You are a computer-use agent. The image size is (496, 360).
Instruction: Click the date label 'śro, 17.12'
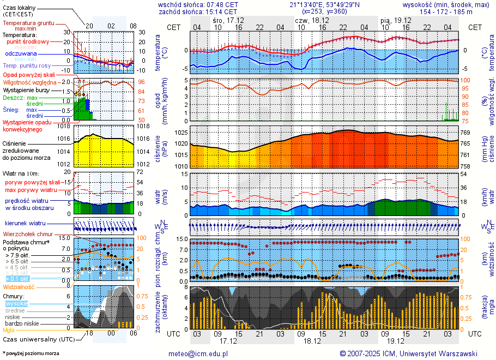229,20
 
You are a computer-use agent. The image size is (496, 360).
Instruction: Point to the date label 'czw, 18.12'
310,20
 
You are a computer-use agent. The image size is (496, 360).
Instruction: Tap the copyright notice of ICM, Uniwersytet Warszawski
408,353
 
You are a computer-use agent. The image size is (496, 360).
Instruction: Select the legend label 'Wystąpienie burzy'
26,89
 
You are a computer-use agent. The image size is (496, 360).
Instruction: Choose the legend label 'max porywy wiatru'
31,190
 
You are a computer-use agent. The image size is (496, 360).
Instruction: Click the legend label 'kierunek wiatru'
26,224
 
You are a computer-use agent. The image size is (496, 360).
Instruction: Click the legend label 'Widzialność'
19,286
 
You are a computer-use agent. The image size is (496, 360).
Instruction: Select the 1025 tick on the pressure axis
182,133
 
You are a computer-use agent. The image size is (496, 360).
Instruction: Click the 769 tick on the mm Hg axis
465,133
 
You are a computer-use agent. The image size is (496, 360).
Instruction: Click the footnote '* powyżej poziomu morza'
31,353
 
